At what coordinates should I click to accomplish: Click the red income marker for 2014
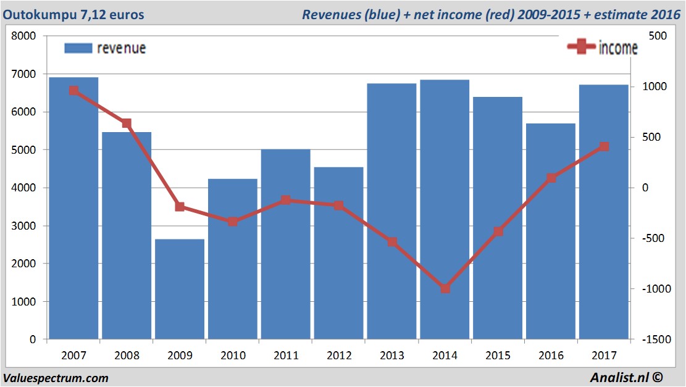(x=445, y=288)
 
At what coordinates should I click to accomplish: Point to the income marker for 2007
(x=73, y=91)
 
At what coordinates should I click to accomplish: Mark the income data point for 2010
(x=233, y=222)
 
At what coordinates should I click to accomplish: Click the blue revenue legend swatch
(x=78, y=48)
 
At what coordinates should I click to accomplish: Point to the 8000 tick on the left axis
(x=24, y=36)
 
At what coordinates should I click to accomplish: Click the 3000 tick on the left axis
(x=24, y=226)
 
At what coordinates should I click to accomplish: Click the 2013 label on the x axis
(x=392, y=356)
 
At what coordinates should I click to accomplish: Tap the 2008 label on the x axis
(x=127, y=356)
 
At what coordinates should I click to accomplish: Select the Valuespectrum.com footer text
(x=56, y=378)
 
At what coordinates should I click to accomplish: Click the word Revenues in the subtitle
(x=328, y=14)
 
